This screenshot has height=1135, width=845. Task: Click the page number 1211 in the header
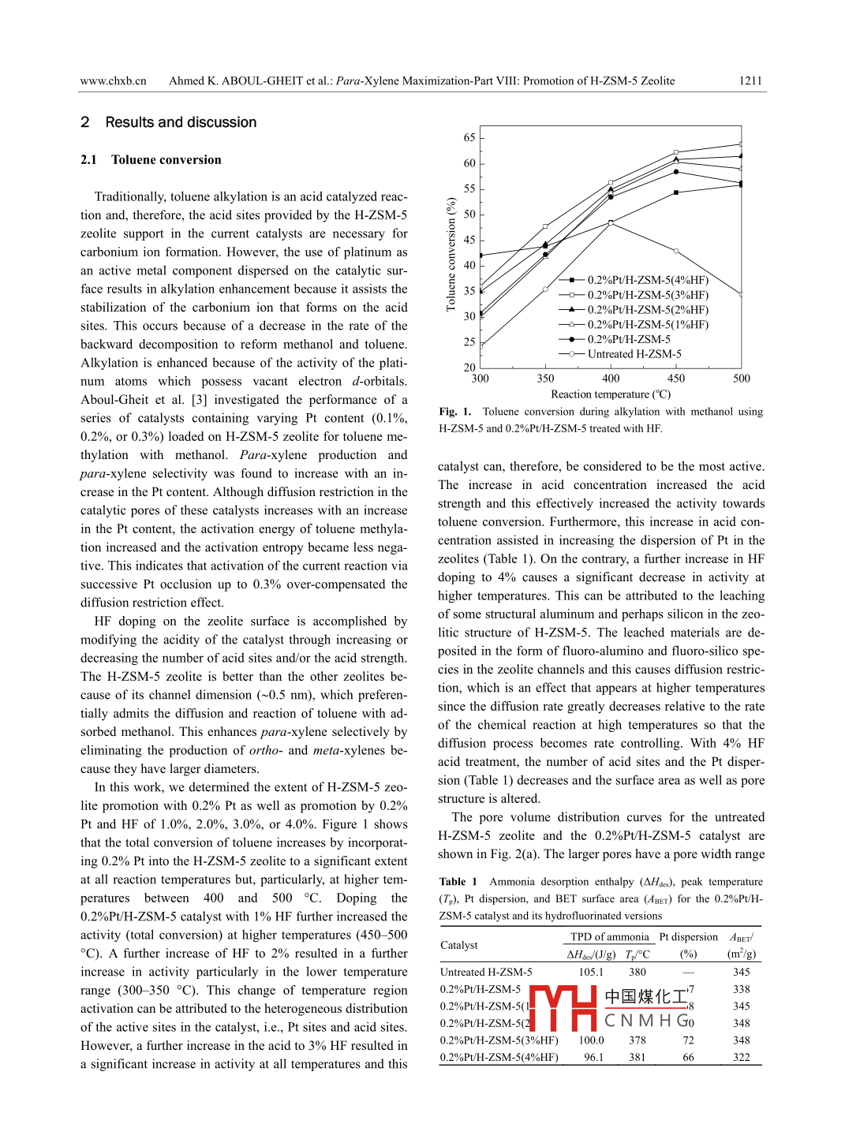click(x=750, y=80)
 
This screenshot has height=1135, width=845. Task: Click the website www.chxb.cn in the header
click(x=113, y=80)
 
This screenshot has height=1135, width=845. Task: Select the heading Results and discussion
click(x=181, y=122)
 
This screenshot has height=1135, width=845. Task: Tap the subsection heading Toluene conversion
click(x=166, y=159)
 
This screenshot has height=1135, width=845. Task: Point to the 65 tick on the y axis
click(x=469, y=138)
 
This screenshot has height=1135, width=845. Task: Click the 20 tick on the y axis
click(x=469, y=368)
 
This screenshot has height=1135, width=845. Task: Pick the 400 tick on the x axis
click(x=611, y=379)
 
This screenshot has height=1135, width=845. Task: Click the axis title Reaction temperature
click(x=610, y=394)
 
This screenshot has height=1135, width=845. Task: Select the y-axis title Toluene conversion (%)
click(x=451, y=254)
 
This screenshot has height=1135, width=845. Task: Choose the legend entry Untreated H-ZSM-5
click(x=634, y=354)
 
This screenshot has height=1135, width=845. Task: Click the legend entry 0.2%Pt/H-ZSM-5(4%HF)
click(x=648, y=280)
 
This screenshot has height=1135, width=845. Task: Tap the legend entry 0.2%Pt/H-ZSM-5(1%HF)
click(x=648, y=324)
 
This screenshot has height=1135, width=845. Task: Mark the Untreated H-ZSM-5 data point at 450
click(x=676, y=251)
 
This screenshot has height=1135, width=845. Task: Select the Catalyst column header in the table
click(x=459, y=945)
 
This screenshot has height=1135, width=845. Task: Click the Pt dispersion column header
click(x=688, y=937)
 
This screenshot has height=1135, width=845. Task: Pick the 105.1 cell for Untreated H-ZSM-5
click(x=591, y=973)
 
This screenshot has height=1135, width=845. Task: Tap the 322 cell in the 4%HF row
click(x=741, y=1058)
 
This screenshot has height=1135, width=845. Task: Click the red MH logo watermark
click(x=562, y=1007)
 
